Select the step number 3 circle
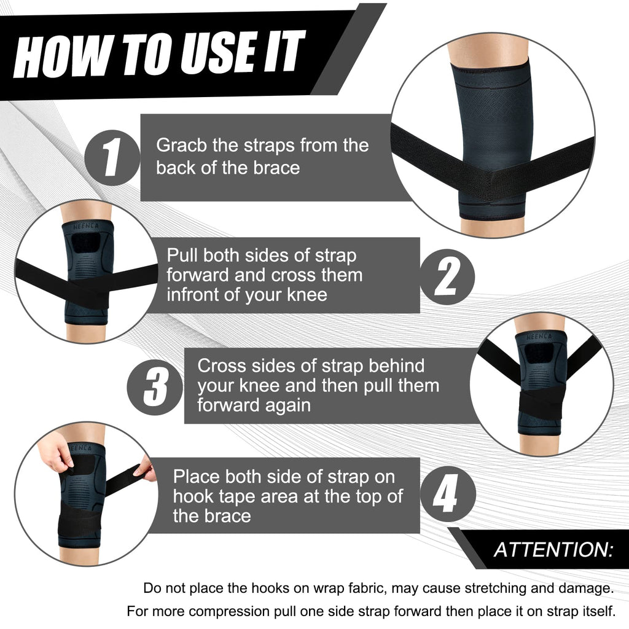click(x=155, y=386)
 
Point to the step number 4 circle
click(x=447, y=496)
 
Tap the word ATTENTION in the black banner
click(x=553, y=549)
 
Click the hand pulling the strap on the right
click(x=146, y=471)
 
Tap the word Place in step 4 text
click(x=197, y=477)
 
